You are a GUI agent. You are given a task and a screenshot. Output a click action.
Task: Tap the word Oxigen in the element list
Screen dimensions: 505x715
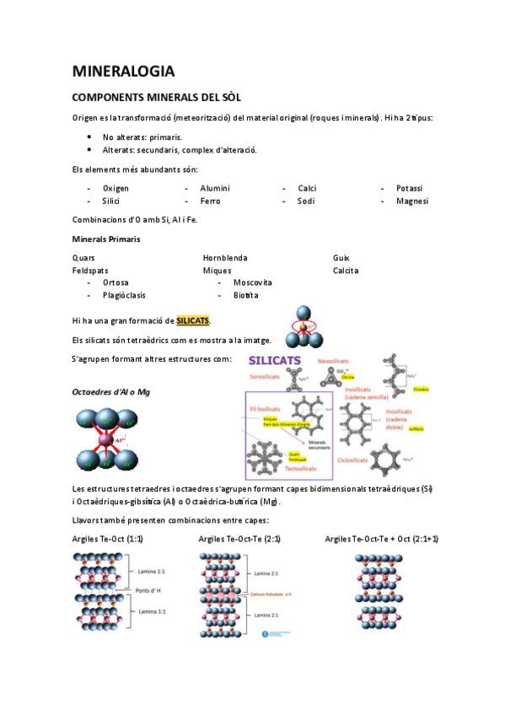(x=116, y=188)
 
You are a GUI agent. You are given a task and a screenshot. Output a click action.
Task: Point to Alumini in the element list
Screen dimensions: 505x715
(x=214, y=188)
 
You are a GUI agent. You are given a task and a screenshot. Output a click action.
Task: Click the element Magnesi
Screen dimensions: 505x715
(x=411, y=202)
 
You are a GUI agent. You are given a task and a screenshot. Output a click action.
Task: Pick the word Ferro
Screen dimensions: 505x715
(x=210, y=202)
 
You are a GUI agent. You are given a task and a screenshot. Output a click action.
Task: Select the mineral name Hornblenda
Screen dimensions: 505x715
(x=225, y=257)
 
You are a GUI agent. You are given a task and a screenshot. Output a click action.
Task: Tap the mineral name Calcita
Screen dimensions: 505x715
(x=346, y=271)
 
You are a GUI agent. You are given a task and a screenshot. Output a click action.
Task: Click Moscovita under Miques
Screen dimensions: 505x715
(x=252, y=282)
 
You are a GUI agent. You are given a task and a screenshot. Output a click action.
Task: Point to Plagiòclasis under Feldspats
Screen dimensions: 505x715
(x=124, y=295)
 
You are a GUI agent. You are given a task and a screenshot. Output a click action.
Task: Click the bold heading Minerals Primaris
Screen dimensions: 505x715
(x=106, y=239)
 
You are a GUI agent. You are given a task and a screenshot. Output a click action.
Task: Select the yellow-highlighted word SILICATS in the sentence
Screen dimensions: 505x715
(x=192, y=320)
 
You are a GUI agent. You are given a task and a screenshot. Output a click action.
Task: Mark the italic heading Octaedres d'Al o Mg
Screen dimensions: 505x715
(x=110, y=392)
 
